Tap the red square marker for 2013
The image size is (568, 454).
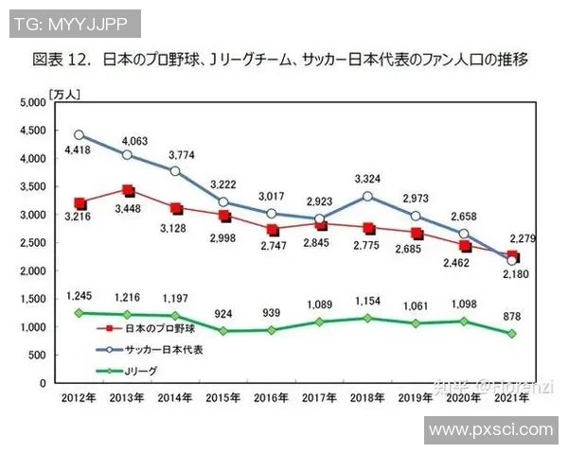coord(128,191)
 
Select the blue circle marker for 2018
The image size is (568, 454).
coord(367,197)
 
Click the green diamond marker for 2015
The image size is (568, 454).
coord(224,331)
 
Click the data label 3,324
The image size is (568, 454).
coord(369,179)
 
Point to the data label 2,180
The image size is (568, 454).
coord(512,276)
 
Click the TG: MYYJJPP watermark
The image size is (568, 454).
coord(73,22)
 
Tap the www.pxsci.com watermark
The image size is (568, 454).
coord(489,430)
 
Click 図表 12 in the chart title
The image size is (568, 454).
coord(64,59)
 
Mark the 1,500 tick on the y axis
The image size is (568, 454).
coord(30,299)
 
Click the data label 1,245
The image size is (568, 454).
coord(80,294)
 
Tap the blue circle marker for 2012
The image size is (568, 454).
coord(80,135)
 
